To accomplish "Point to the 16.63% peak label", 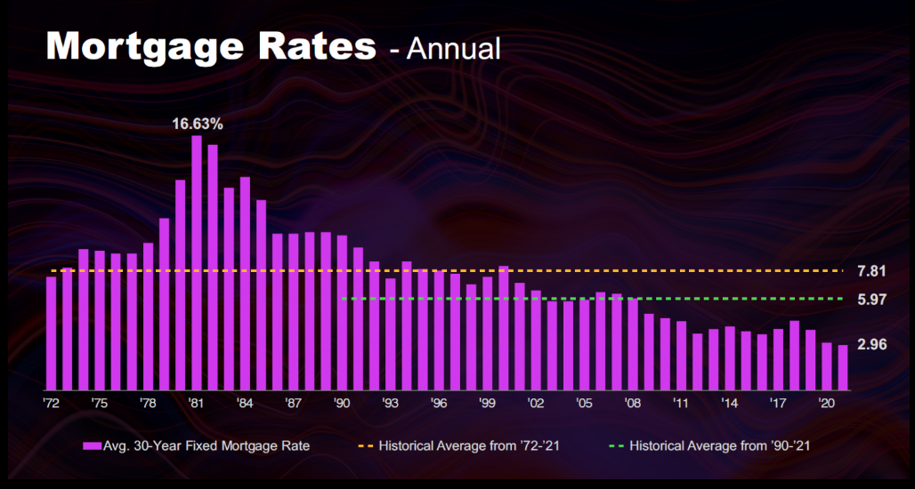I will pos(198,124).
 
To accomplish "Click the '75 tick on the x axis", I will pos(99,404).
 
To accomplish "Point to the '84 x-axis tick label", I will pos(245,404).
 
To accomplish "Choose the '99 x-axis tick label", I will pos(487,404).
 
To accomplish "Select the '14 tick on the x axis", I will pos(729,404).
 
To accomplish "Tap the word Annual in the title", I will pos(455,48).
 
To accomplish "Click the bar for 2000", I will pos(504,328).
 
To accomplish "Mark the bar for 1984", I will pos(245,284).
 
